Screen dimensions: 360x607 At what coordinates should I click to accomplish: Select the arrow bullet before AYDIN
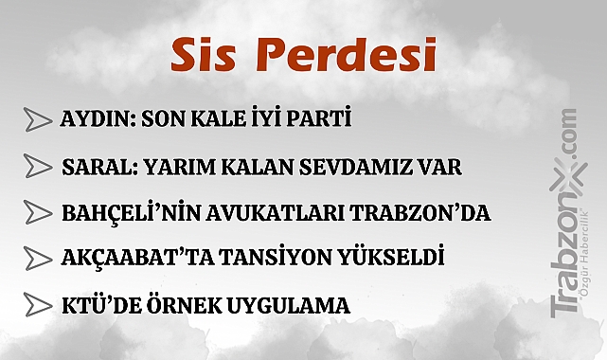(x=38, y=121)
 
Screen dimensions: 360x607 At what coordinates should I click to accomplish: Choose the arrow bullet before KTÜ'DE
(x=38, y=305)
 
